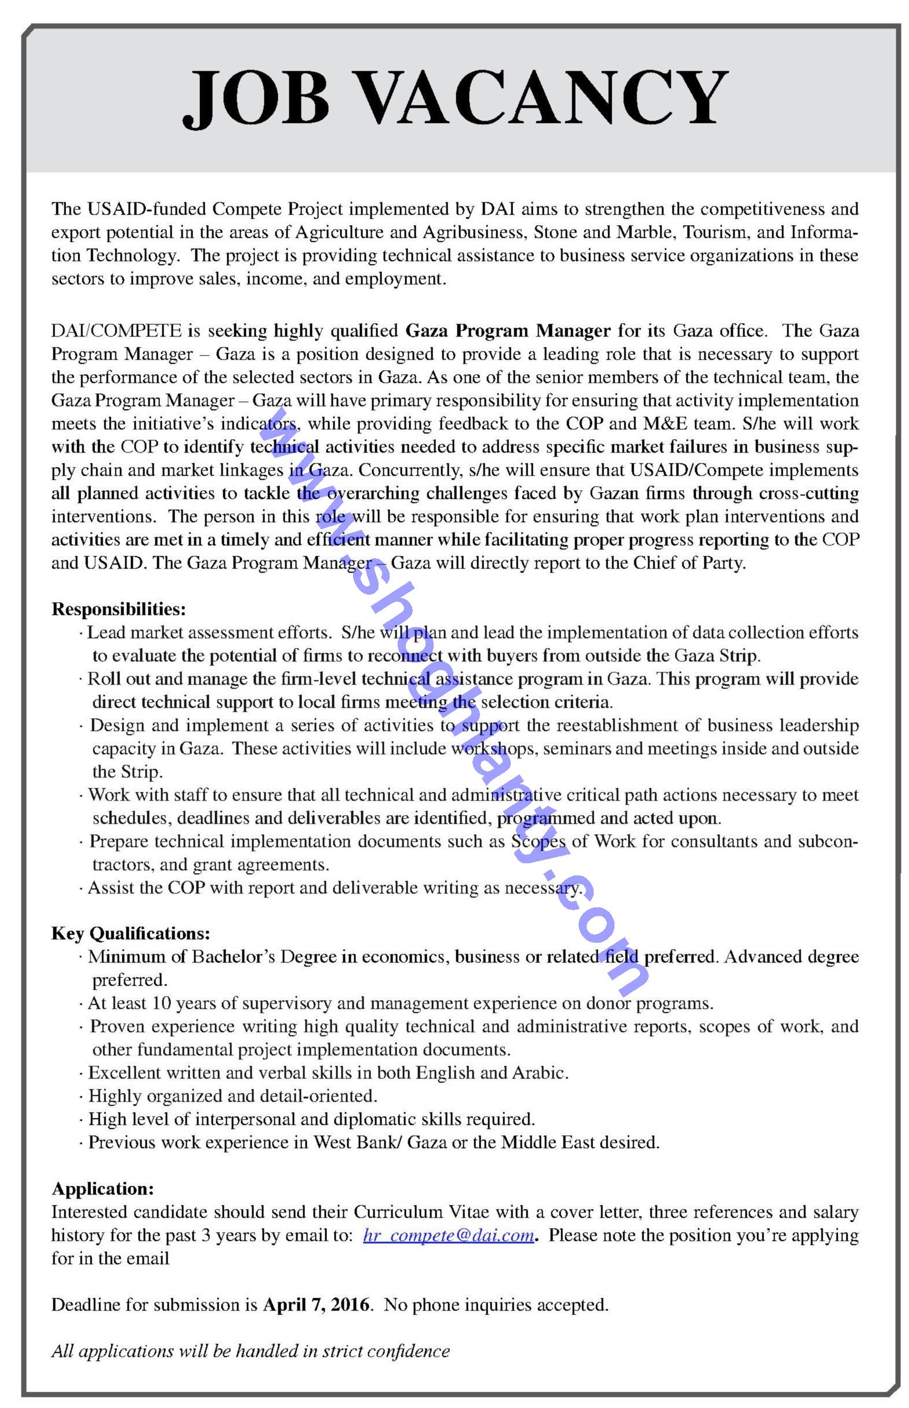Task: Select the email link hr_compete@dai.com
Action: tap(449, 1235)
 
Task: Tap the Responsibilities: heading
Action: tap(119, 609)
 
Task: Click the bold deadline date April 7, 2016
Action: tap(317, 1304)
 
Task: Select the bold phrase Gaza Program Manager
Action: tap(508, 330)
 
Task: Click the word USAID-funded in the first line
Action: tap(146, 208)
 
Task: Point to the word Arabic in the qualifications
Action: tap(539, 1073)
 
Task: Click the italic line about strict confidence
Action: tap(250, 1351)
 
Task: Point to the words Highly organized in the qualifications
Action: tap(155, 1095)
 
